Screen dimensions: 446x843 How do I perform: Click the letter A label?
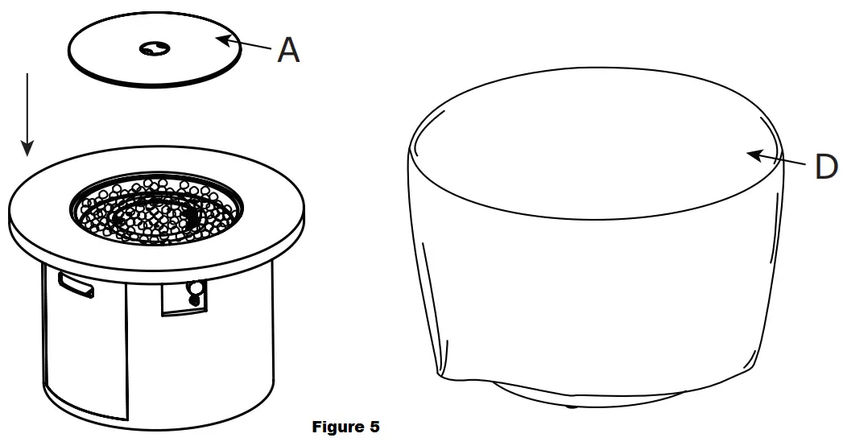click(x=288, y=51)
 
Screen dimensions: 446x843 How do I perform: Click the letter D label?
click(x=826, y=167)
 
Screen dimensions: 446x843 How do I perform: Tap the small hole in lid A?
click(x=151, y=50)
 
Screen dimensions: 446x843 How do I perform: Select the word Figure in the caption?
click(x=337, y=427)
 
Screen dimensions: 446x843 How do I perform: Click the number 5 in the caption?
click(x=374, y=427)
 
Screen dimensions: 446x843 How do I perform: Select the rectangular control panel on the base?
click(x=184, y=298)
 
